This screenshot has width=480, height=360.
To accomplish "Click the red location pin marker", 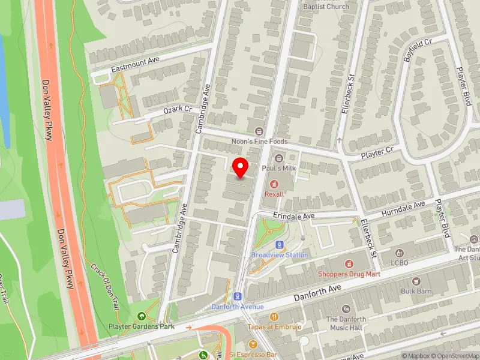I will [x=241, y=167].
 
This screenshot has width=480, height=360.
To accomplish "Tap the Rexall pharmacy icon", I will [x=275, y=184].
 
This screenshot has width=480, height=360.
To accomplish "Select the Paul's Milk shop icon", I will [x=278, y=158].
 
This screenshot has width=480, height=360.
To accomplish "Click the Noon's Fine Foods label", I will [x=260, y=142].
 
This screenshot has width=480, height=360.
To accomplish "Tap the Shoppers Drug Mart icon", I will [x=349, y=263].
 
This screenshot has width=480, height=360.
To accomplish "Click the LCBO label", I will [x=400, y=263].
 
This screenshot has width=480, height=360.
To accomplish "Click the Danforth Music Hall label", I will [x=346, y=323].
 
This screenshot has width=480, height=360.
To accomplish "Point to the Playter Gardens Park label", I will [x=142, y=326].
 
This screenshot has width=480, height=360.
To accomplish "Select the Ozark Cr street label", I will [x=178, y=110].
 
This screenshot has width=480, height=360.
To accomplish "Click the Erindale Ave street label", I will [x=293, y=216].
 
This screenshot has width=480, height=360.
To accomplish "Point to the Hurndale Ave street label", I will [x=404, y=208].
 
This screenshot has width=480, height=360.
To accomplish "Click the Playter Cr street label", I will [x=377, y=153].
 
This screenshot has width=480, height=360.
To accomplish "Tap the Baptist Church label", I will [x=326, y=7].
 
